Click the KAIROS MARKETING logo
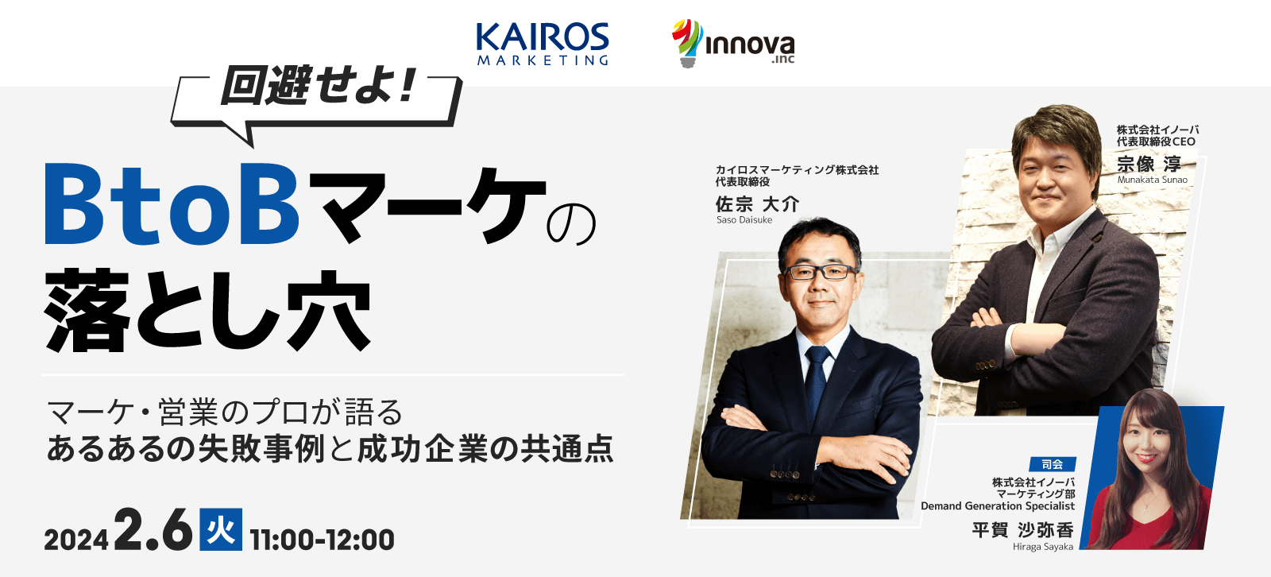pyautogui.click(x=543, y=44)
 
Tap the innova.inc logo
pyautogui.click(x=733, y=44)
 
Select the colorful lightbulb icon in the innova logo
pyautogui.click(x=687, y=44)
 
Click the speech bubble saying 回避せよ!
pyautogui.click(x=315, y=103)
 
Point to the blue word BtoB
pyautogui.click(x=172, y=205)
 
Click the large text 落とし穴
pyautogui.click(x=207, y=311)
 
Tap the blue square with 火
pyautogui.click(x=221, y=529)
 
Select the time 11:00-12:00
pyautogui.click(x=322, y=540)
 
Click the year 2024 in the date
pyautogui.click(x=76, y=540)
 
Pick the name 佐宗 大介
pyautogui.click(x=757, y=204)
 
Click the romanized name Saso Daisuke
pyautogui.click(x=744, y=220)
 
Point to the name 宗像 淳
pyautogui.click(x=1149, y=165)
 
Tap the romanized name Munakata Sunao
pyautogui.click(x=1152, y=180)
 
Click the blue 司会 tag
pyautogui.click(x=1053, y=464)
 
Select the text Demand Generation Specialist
pyautogui.click(x=998, y=506)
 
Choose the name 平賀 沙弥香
pyautogui.click(x=1022, y=530)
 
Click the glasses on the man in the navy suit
pyautogui.click(x=820, y=273)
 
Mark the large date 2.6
pyautogui.click(x=153, y=529)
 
